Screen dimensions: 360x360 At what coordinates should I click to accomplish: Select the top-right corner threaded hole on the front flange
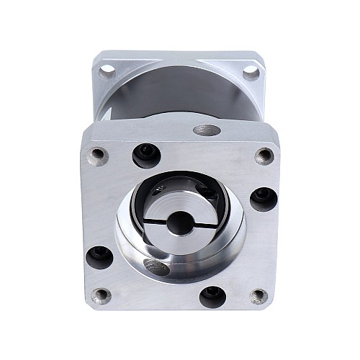(x=264, y=156)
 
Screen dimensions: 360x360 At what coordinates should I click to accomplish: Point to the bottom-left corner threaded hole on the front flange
(x=102, y=294)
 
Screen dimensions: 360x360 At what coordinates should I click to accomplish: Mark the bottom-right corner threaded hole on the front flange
(x=259, y=295)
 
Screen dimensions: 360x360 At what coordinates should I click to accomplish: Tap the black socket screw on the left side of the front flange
(x=99, y=256)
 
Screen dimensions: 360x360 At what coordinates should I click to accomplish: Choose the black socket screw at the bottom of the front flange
(x=212, y=295)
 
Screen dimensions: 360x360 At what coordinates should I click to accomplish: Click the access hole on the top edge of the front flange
(x=207, y=131)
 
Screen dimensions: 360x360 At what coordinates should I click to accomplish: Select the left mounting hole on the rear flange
(x=107, y=71)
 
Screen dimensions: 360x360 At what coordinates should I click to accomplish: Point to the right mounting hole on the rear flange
(x=251, y=72)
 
